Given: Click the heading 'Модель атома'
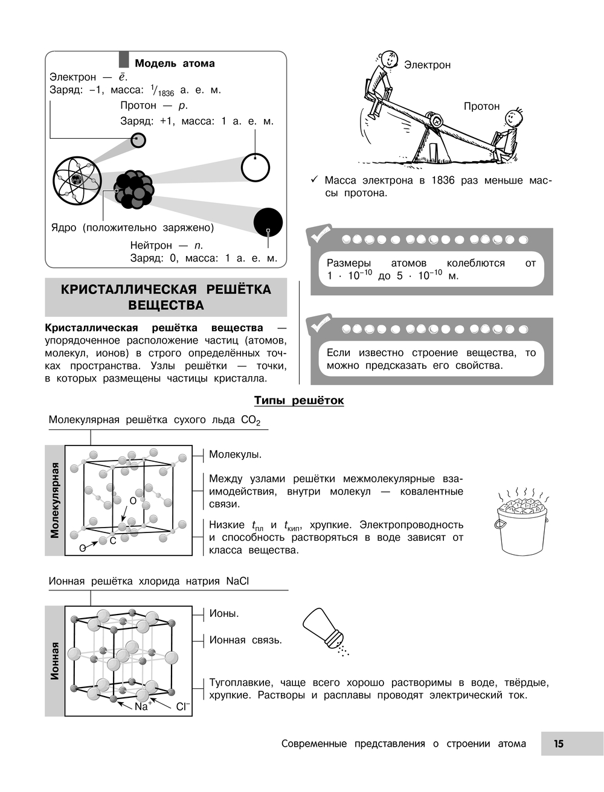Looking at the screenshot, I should (x=174, y=63).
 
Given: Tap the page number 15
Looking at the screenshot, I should (x=559, y=744).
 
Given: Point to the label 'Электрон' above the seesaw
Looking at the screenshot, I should (x=427, y=65).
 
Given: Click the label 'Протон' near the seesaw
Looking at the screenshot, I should (x=481, y=106).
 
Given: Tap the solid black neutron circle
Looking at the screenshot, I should (x=268, y=222).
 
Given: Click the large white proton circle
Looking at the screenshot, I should (x=255, y=167).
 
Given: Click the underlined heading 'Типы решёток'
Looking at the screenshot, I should (x=299, y=400).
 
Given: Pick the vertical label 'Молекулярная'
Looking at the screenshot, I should (x=55, y=500).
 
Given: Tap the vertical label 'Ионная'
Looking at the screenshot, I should (x=55, y=661).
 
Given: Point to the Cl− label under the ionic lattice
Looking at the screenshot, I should (x=182, y=706).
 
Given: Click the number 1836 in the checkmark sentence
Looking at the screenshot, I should (x=443, y=180).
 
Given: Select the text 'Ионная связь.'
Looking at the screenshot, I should (x=245, y=640).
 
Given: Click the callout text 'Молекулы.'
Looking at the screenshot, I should (x=235, y=455).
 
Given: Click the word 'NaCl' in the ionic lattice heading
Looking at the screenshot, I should (x=237, y=581).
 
